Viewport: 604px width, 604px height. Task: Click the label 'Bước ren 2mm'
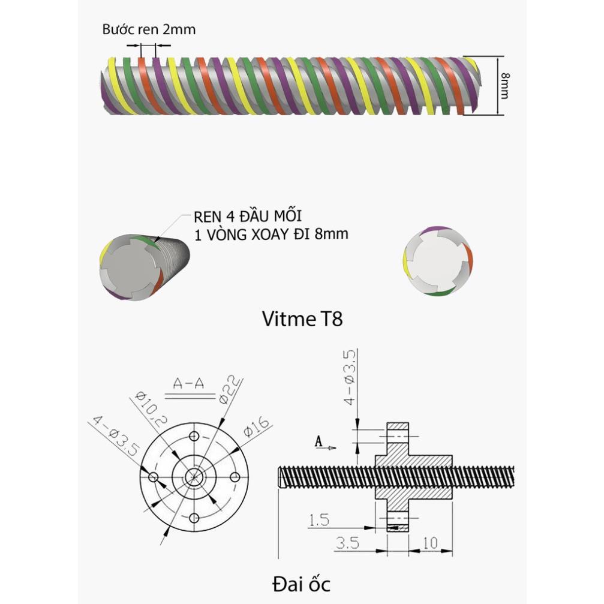click(149, 29)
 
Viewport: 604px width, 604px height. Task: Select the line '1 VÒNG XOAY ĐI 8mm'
click(271, 234)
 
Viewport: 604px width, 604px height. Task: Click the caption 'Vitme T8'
click(302, 318)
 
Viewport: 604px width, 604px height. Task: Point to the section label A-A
click(188, 383)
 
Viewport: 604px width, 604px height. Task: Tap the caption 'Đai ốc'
click(301, 582)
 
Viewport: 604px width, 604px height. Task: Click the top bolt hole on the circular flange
click(194, 436)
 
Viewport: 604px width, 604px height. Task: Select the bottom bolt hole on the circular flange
click(194, 518)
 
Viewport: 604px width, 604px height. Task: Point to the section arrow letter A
click(319, 441)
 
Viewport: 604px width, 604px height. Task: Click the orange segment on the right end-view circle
click(469, 259)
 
